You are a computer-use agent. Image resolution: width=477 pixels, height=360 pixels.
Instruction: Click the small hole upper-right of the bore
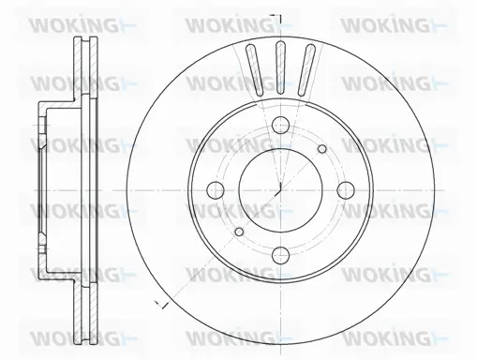322,147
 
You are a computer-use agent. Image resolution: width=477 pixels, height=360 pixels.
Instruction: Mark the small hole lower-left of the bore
239,232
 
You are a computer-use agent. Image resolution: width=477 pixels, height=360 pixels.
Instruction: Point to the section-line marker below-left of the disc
161,306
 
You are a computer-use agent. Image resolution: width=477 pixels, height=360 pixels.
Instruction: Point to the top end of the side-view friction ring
84,39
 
